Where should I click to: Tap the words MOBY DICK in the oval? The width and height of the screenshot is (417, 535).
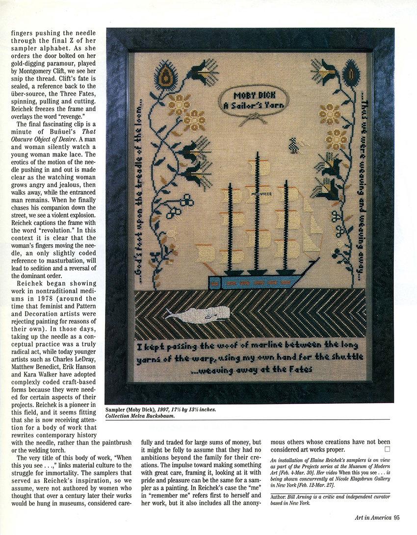pos(254,95)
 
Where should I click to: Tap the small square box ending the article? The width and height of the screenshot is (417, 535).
pos(387,449)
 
